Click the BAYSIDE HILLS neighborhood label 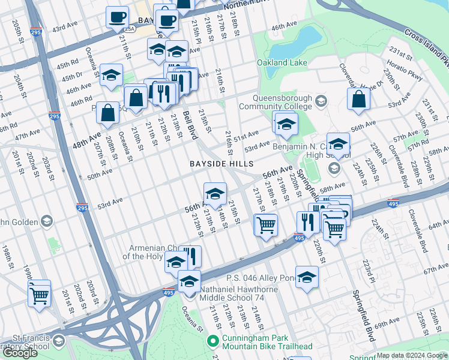221,164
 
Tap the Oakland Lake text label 282,63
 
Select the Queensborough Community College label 274,103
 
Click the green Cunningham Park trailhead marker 212,341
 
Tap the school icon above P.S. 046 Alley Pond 307,277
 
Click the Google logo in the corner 20,353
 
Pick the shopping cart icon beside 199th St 40,293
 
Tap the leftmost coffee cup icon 118,17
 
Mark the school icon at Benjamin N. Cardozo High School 338,144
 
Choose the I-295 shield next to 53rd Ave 82,208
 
